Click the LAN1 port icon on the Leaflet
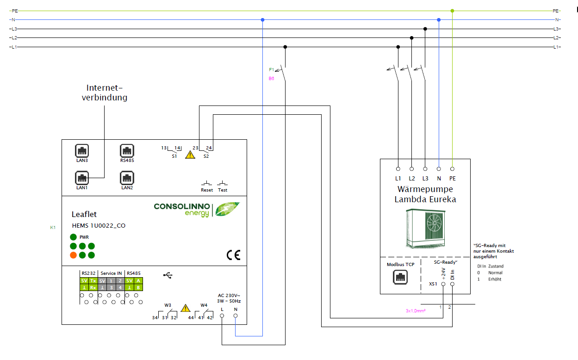pos(82,178)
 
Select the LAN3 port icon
pos(82,151)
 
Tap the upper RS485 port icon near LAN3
pos(127,151)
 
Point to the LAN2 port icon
pos(127,178)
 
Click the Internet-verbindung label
pos(105,93)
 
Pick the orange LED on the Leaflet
pos(73,255)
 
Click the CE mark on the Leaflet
pos(233,255)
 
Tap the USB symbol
pos(168,275)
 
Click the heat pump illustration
pos(425,228)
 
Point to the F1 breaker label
pos(271,70)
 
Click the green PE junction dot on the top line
pos(452,11)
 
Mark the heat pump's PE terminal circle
pos(452,169)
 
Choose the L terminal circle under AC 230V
pos(222,316)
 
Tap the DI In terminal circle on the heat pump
pos(452,284)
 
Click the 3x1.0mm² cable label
pos(416,311)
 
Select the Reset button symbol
pos(207,184)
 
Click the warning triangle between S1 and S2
pos(190,155)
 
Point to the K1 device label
pos(53,227)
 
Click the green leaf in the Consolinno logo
pos(228,209)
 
